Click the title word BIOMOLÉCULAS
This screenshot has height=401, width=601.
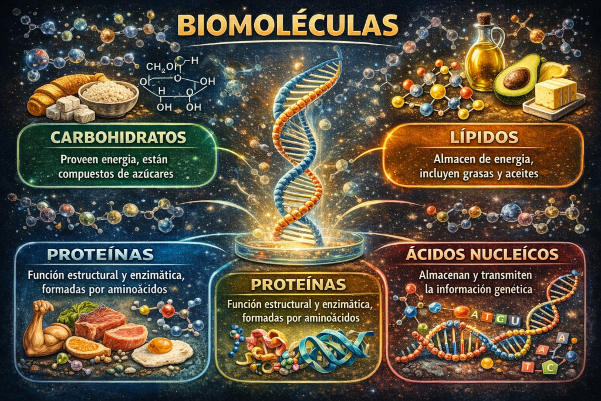pyautogui.click(x=288, y=25)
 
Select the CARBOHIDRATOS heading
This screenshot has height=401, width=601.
pyautogui.click(x=119, y=137)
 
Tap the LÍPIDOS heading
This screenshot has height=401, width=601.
pyautogui.click(x=484, y=137)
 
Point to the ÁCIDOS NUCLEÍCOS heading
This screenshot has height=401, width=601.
pyautogui.click(x=482, y=255)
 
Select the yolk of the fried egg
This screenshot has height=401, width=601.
pyautogui.click(x=160, y=345)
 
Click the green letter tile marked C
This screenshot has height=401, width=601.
pyautogui.click(x=551, y=368)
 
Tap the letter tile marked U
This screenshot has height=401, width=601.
pyautogui.click(x=514, y=320)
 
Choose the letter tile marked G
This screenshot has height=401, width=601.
pyautogui.click(x=500, y=319)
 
